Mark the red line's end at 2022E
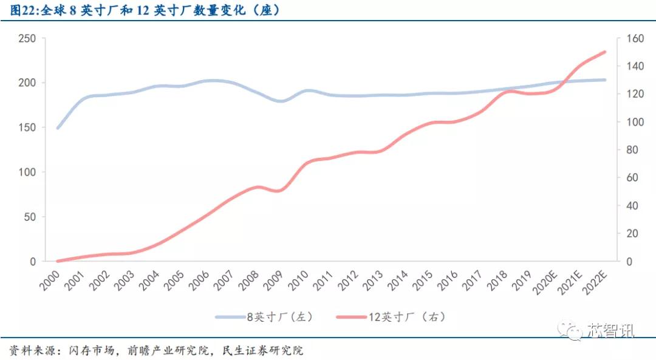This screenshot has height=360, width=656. coord(605,52)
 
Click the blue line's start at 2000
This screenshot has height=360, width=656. coord(58,128)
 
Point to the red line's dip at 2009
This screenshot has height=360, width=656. coord(280,191)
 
